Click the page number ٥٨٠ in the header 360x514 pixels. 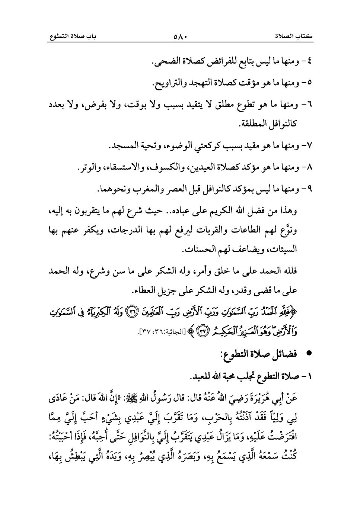[x=180, y=37]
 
